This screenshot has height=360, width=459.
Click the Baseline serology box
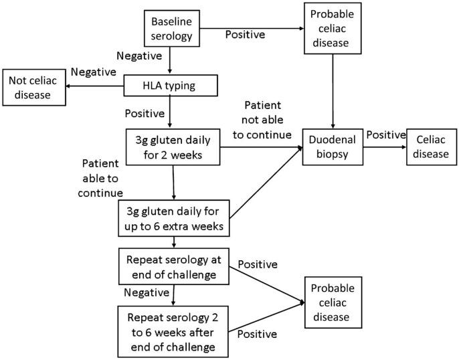tap(172, 28)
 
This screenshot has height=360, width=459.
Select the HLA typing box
tap(171, 85)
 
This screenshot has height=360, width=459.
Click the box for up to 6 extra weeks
tap(174, 217)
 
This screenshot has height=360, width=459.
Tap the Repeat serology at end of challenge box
tap(174, 266)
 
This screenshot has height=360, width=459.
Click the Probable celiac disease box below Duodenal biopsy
tap(333, 302)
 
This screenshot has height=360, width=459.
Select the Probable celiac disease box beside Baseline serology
tap(333, 28)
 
